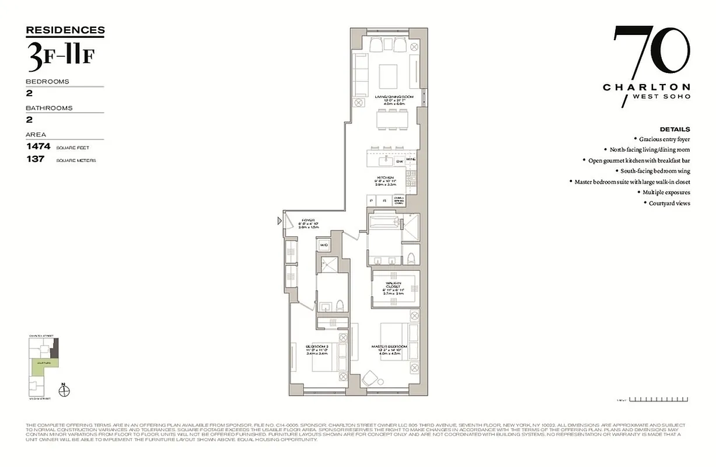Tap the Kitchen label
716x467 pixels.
385,177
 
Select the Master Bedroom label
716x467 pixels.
389,346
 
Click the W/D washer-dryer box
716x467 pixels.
323,245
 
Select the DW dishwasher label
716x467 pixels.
399,161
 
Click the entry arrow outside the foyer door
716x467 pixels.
279,221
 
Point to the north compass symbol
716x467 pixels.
65,390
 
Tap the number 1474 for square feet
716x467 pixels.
39,147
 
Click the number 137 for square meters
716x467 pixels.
35,159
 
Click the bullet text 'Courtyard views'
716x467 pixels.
669,203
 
